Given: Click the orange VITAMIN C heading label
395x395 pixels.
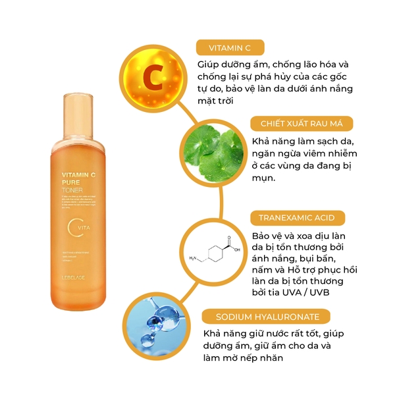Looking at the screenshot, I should point(230,47).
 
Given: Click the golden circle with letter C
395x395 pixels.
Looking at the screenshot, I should point(151,76).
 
